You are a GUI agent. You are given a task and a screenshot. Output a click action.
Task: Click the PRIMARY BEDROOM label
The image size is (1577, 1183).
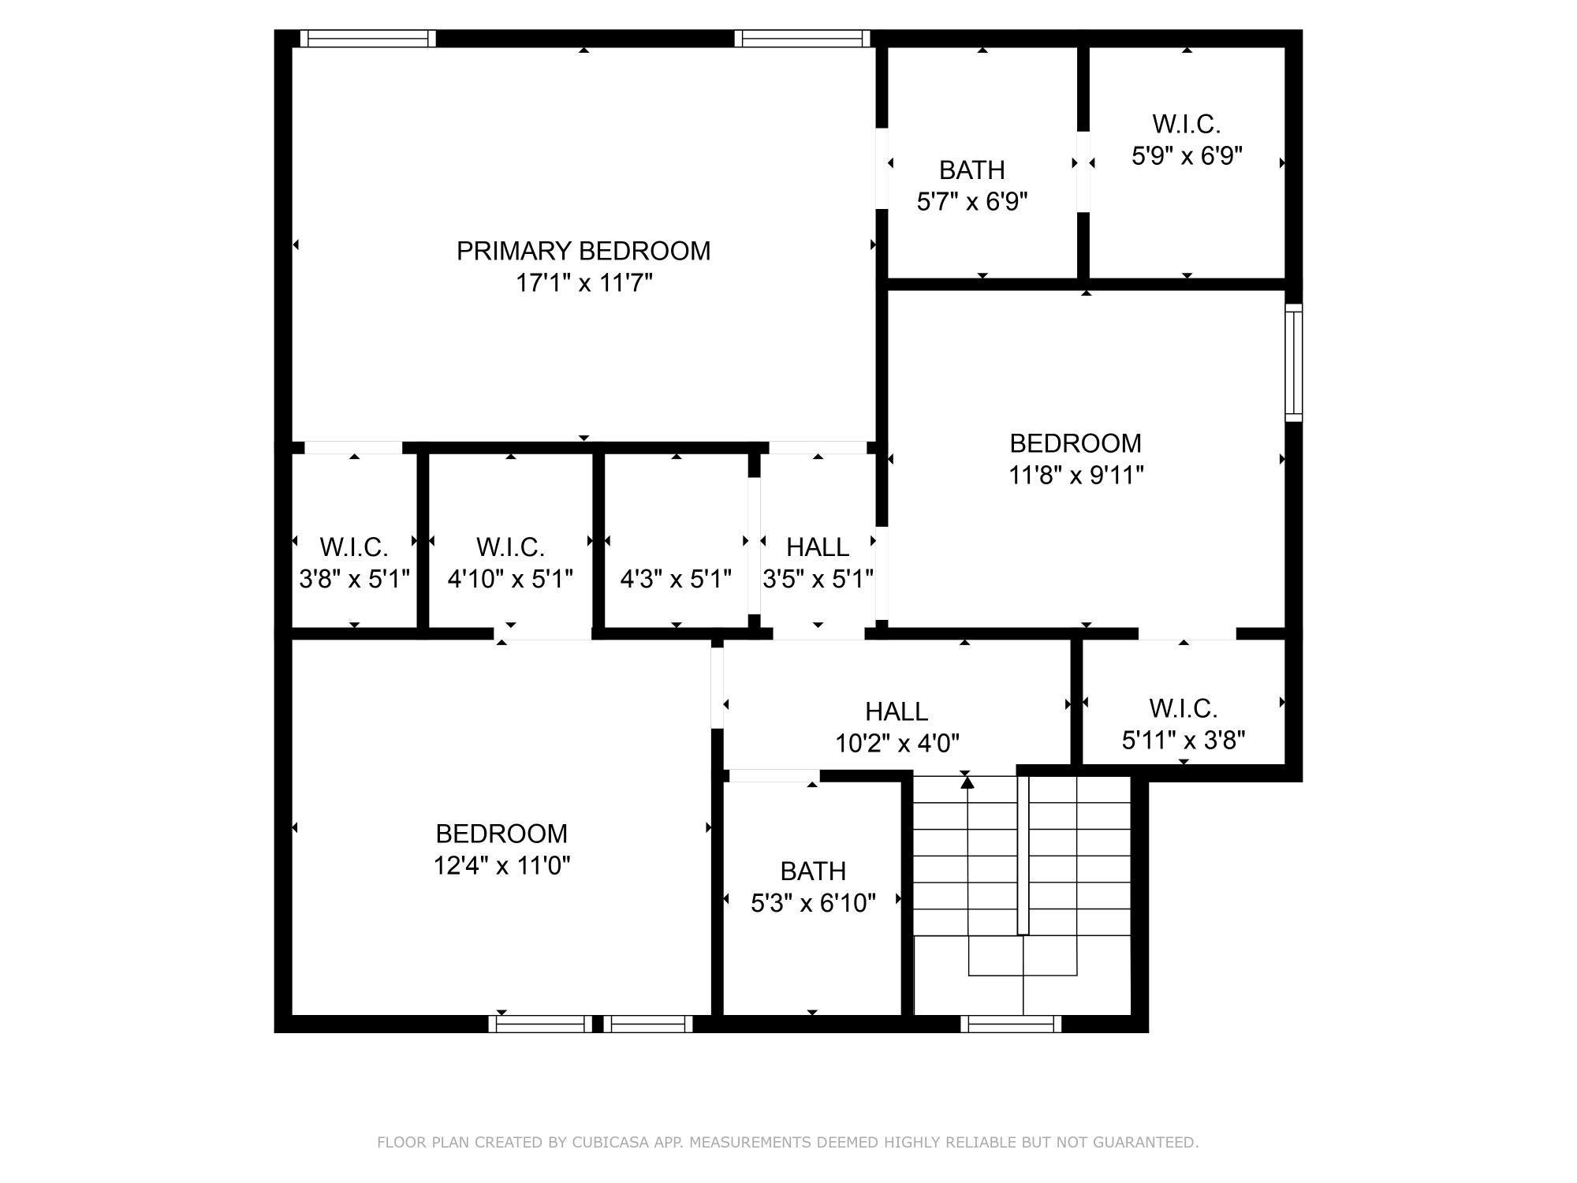(x=583, y=251)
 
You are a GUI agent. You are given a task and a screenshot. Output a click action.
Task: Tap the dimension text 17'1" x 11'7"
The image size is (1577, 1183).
(x=583, y=283)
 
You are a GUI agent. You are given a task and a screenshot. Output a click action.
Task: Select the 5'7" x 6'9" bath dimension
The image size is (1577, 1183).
(x=972, y=202)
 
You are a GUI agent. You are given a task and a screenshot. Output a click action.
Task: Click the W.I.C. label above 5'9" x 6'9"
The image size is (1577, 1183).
(x=1186, y=124)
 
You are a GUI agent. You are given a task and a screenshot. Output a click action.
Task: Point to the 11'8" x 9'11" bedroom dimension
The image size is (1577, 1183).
(x=1076, y=476)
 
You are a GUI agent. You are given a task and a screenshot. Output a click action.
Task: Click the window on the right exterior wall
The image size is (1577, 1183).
(x=1293, y=362)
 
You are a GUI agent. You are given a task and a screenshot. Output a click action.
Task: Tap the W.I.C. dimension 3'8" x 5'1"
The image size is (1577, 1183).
(x=354, y=580)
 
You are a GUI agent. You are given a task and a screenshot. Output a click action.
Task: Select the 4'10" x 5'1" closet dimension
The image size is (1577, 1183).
(x=510, y=580)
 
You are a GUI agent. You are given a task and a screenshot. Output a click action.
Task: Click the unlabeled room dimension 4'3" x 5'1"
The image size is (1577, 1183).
(x=676, y=580)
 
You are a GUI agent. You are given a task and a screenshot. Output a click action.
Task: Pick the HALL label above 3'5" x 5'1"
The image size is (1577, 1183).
(x=818, y=547)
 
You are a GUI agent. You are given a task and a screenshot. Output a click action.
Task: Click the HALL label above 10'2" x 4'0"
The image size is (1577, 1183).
(x=897, y=711)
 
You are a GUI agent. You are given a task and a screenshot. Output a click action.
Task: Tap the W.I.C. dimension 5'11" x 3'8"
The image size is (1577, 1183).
(x=1183, y=741)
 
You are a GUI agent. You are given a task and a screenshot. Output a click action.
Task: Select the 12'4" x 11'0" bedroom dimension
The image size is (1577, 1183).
(x=501, y=866)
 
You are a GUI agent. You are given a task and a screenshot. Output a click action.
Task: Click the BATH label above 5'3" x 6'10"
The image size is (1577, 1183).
(x=813, y=871)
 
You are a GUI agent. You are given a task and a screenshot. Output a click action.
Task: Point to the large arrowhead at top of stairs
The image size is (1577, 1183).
(x=967, y=782)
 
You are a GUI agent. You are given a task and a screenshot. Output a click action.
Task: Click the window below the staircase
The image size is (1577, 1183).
(x=1011, y=1024)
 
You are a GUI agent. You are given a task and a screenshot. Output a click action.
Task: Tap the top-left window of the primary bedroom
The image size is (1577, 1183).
(x=367, y=39)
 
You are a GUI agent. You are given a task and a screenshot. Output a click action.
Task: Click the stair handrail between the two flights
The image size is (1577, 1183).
(x=1023, y=856)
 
